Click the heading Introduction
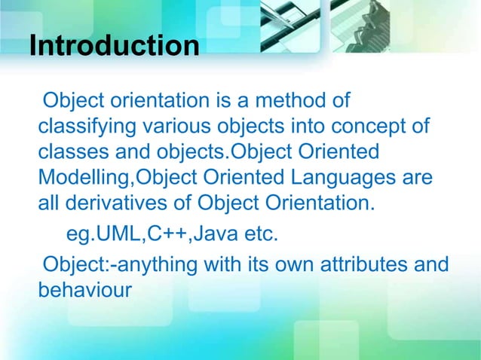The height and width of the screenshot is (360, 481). coord(114,45)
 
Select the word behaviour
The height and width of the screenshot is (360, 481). coord(84,291)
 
